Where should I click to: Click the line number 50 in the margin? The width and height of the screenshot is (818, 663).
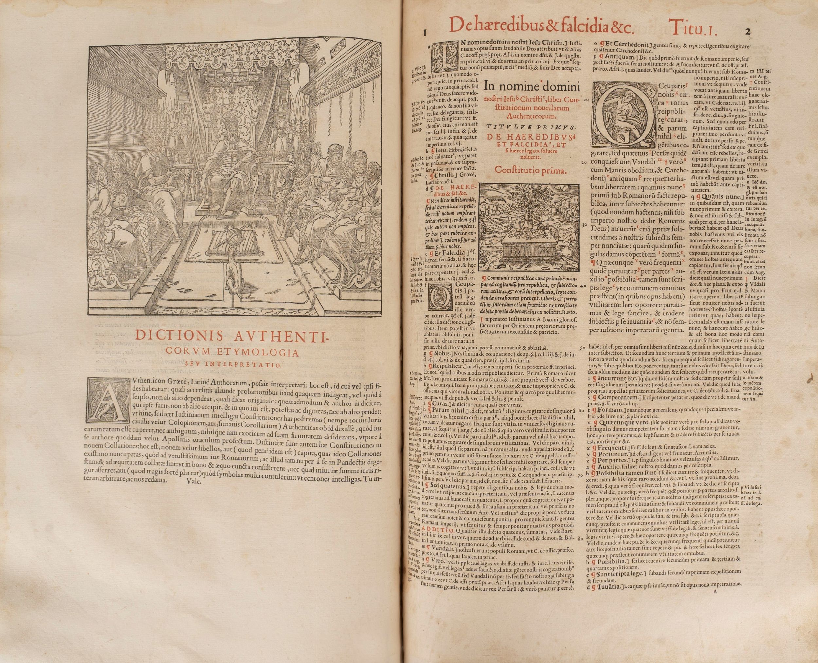coord(582,348)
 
